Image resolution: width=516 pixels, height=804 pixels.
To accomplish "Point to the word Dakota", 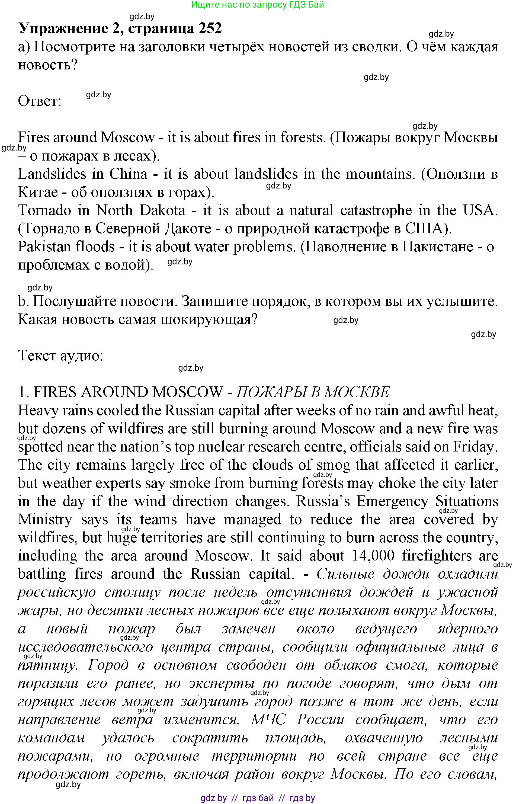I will point(162,210).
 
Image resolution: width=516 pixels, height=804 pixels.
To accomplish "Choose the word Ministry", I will point(44,520).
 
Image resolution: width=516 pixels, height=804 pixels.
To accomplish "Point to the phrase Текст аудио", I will point(60,355).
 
